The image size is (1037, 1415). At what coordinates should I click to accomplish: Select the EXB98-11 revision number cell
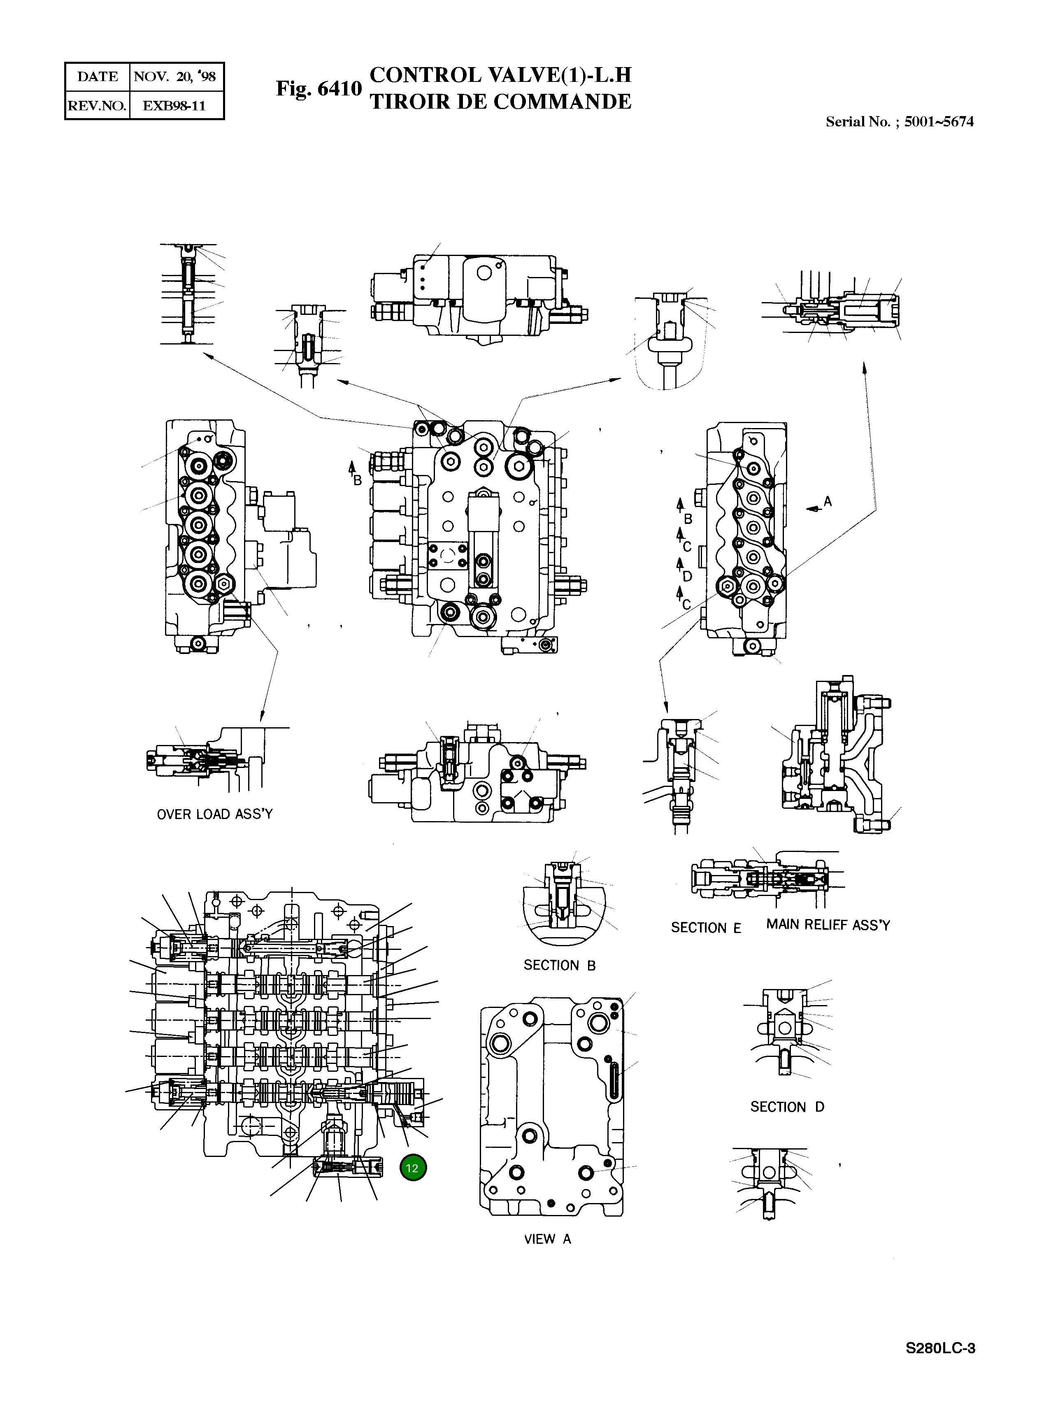[x=175, y=105]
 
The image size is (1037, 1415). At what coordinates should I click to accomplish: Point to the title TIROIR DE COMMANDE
[x=500, y=102]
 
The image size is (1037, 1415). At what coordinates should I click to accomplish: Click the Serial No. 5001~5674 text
[x=899, y=122]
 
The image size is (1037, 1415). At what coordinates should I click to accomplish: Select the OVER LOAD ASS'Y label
[x=215, y=814]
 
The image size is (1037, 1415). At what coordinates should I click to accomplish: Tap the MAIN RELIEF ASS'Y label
[x=828, y=925]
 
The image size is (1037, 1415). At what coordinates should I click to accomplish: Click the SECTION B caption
[x=559, y=966]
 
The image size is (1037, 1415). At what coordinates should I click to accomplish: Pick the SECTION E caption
[x=706, y=928]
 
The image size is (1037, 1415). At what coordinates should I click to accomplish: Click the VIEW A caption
[x=547, y=1239]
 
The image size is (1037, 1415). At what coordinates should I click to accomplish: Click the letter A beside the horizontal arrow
[x=828, y=502]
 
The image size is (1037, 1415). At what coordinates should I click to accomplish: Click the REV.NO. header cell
[x=97, y=105]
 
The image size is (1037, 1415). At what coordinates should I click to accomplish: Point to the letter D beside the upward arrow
[x=687, y=576]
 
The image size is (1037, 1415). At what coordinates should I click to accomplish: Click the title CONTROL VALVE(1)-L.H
[x=500, y=75]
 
